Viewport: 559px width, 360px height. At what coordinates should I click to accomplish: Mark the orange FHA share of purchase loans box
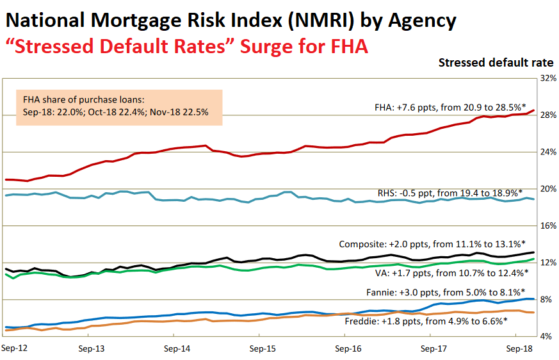point(118,107)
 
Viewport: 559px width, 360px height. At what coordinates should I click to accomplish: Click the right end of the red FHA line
point(534,111)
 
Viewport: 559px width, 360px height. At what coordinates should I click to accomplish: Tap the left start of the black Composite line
point(6,269)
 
